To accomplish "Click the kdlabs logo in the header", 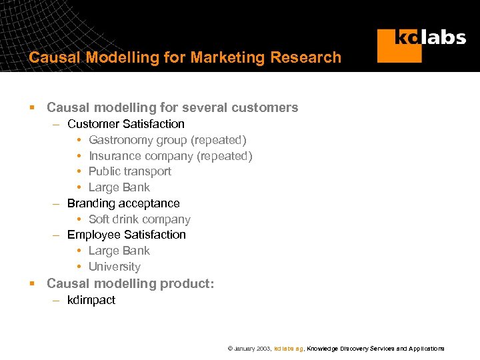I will [421, 45].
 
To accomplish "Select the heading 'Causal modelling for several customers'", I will [172, 107].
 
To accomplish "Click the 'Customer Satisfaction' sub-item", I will [125, 124].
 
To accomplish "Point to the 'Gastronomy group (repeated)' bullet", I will [167, 140].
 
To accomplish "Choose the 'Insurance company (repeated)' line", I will [170, 156].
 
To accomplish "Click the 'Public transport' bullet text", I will [129, 171].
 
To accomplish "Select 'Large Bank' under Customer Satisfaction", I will [119, 187].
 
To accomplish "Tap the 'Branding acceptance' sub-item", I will [123, 203].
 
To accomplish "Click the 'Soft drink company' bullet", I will [139, 219].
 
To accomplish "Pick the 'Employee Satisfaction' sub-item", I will [126, 235].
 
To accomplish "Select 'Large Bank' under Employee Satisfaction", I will [119, 251].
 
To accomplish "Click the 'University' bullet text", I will [114, 267].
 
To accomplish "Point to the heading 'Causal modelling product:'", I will [130, 283].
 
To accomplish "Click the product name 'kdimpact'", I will [91, 300].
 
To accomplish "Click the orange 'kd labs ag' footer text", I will [289, 349].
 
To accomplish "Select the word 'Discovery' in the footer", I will [354, 349].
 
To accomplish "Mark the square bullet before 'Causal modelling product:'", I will [31, 284].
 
